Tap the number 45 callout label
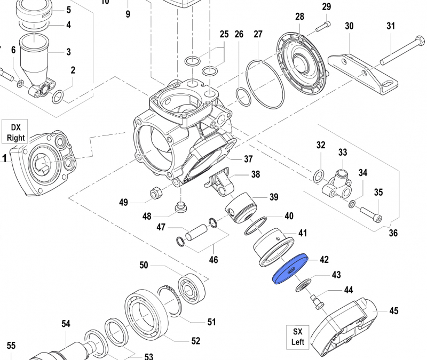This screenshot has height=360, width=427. point(394,310)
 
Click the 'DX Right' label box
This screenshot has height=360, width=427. point(16,132)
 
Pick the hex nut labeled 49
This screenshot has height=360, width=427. point(156,193)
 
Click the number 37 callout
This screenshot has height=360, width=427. point(248,159)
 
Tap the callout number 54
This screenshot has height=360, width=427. point(66,324)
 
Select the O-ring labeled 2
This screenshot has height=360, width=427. point(58,97)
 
